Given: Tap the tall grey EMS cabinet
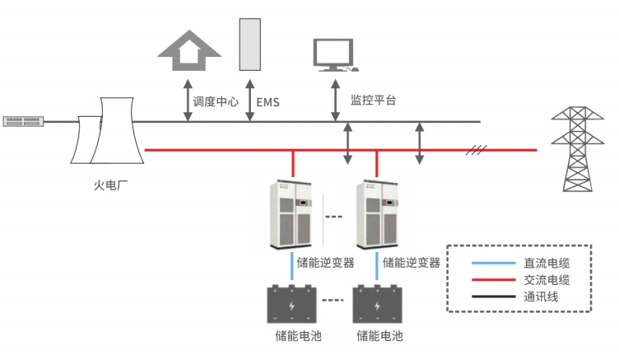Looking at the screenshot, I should click(x=249, y=44).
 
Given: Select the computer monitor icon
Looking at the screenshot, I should click(x=335, y=56).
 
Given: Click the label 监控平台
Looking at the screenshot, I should click(x=374, y=101).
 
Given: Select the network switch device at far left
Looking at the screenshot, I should click(x=23, y=122).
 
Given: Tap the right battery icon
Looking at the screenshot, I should click(x=377, y=305).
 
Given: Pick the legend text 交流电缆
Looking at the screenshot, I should click(x=547, y=280).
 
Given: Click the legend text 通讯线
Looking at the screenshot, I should click(x=541, y=296).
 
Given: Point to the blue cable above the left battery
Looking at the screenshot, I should click(x=292, y=267).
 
